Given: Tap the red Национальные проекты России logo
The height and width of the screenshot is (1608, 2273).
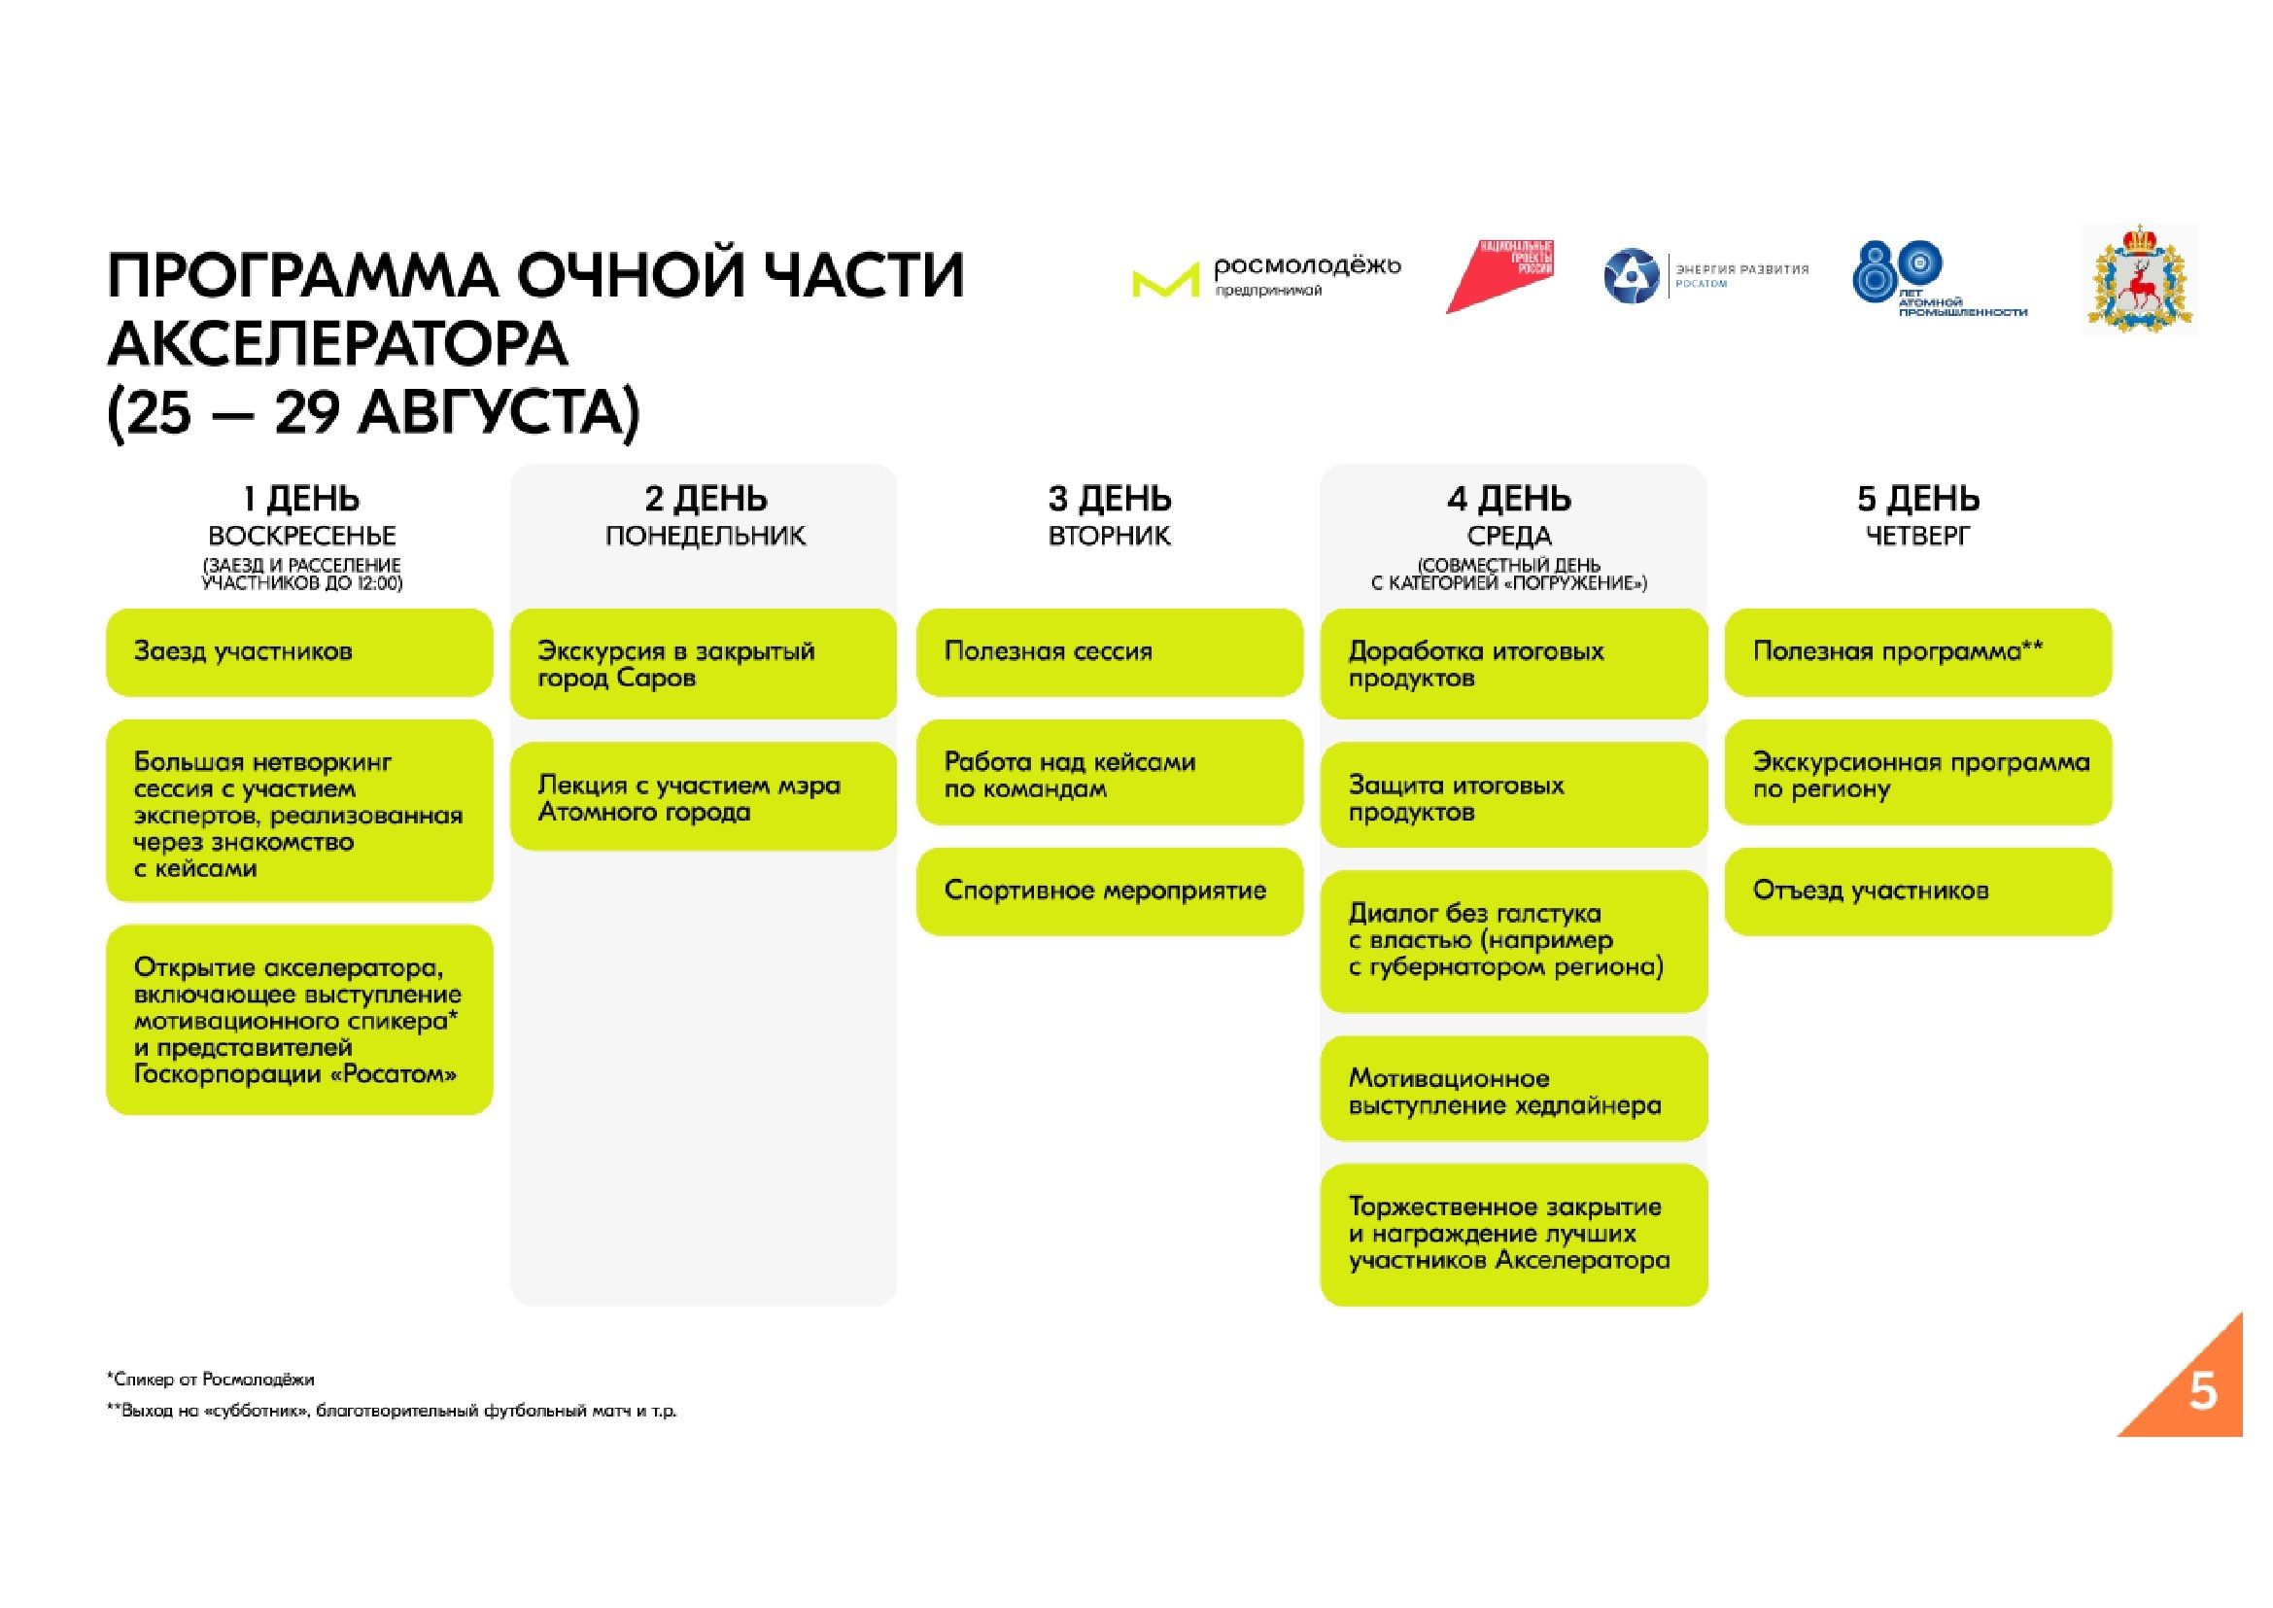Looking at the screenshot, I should coord(1499,276).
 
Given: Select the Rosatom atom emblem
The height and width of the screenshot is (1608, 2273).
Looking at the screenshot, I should coord(1631,276).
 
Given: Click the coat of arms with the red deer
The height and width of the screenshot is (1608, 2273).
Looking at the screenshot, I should coord(2140,278).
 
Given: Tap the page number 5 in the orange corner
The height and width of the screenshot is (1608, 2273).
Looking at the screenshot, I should coord(2202,1392).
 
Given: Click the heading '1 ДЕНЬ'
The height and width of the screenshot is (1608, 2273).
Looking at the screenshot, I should coord(302,499).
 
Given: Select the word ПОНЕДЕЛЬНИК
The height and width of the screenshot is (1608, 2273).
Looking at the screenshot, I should coord(705,537).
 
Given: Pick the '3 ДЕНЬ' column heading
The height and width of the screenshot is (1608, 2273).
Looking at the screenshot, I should coord(1109,499).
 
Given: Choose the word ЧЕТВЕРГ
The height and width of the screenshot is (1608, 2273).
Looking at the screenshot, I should coord(1917,537).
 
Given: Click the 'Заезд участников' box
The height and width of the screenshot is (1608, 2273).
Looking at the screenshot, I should coord(299,652).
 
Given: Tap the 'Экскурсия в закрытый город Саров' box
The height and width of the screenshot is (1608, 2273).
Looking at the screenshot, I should coord(703,664).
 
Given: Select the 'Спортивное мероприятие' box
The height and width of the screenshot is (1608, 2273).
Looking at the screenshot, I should coord(1109,891).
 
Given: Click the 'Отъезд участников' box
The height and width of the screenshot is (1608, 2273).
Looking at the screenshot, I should coord(1917,891).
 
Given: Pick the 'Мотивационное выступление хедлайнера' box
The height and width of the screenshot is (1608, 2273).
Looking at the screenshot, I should coord(1514,1092).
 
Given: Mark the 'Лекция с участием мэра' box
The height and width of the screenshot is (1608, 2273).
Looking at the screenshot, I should coord(703,798).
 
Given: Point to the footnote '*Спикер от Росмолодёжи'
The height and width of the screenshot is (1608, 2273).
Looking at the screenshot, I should coord(210,1379).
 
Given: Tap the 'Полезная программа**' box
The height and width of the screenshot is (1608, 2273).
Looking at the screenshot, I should coord(1917,652).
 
